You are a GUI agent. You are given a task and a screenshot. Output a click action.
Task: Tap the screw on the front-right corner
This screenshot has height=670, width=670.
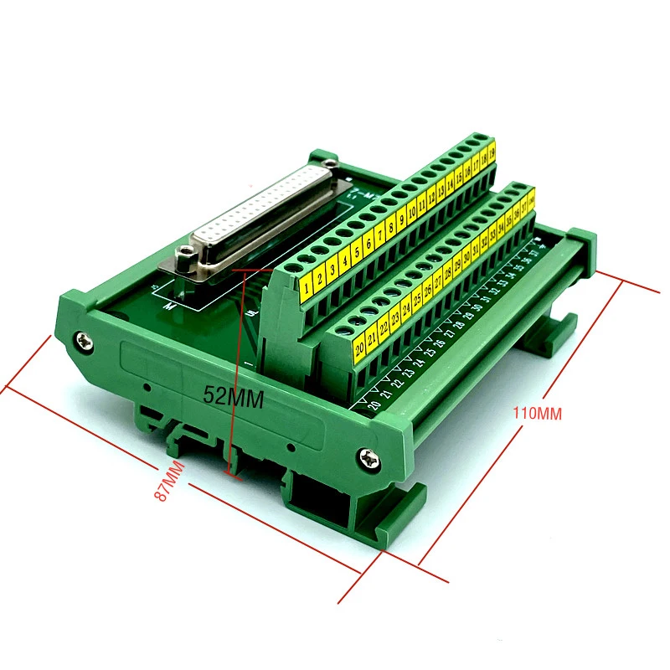tap(369, 457)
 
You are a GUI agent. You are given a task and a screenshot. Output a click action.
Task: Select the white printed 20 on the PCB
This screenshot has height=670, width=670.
tap(374, 405)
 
